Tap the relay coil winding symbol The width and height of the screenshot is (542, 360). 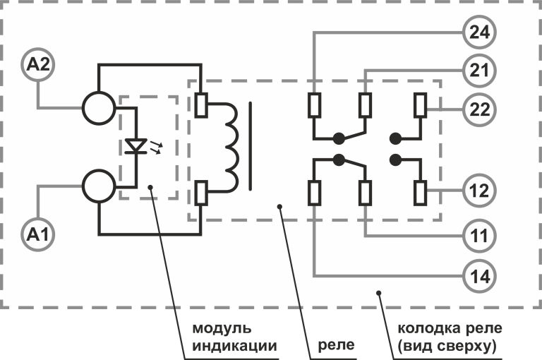[x=232, y=147]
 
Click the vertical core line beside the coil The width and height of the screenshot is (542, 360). [x=251, y=146]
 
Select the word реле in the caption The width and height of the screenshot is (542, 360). [x=336, y=344]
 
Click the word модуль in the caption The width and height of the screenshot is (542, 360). [x=222, y=328]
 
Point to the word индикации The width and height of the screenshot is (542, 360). [x=235, y=345]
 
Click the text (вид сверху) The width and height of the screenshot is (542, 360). [x=447, y=346]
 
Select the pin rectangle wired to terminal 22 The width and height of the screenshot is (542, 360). [x=421, y=105]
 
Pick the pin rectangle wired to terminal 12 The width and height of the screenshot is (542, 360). [x=421, y=193]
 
